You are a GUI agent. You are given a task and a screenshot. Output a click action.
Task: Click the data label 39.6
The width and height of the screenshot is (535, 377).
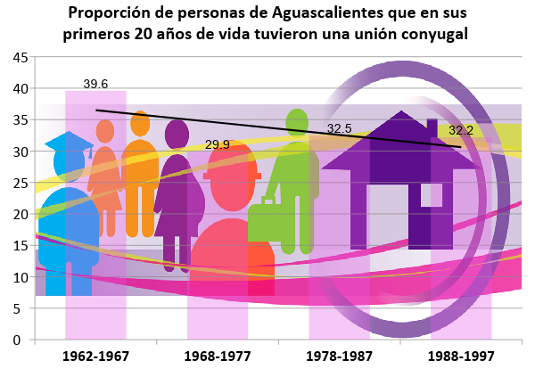[x=95, y=85]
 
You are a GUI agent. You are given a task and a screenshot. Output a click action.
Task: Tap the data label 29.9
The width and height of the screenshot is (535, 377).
[x=218, y=144]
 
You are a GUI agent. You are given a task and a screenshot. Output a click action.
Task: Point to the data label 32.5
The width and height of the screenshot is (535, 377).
[x=340, y=128]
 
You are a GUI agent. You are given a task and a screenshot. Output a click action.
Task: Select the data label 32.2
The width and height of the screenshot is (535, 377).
[x=461, y=130]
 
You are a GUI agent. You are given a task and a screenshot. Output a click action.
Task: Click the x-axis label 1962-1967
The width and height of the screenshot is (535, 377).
[x=96, y=356]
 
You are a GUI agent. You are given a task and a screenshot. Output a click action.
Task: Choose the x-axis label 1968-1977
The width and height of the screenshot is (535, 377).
[x=218, y=356]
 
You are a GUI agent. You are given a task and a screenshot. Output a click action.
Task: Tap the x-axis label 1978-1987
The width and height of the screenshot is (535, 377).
[x=340, y=356]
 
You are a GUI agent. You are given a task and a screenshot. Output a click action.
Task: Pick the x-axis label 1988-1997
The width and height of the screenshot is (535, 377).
[x=461, y=356]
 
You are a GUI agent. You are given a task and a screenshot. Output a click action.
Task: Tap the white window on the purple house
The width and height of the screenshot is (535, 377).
[x=432, y=194]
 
